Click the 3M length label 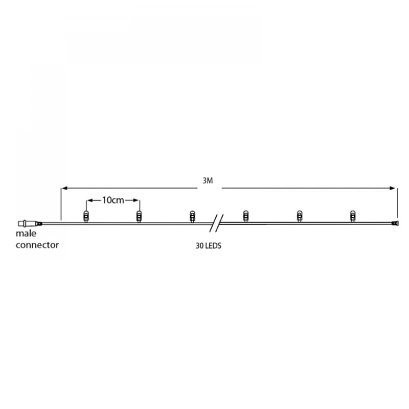click(207, 181)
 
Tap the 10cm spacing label click(113, 200)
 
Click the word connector click(37, 244)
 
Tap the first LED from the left click(86, 216)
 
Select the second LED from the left click(139, 216)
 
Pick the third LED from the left click(192, 216)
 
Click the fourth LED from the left click(245, 216)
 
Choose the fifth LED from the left click(299, 216)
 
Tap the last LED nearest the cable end click(352, 216)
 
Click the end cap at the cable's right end click(395, 223)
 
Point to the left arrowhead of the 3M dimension click(64, 188)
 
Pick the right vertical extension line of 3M click(397, 202)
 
